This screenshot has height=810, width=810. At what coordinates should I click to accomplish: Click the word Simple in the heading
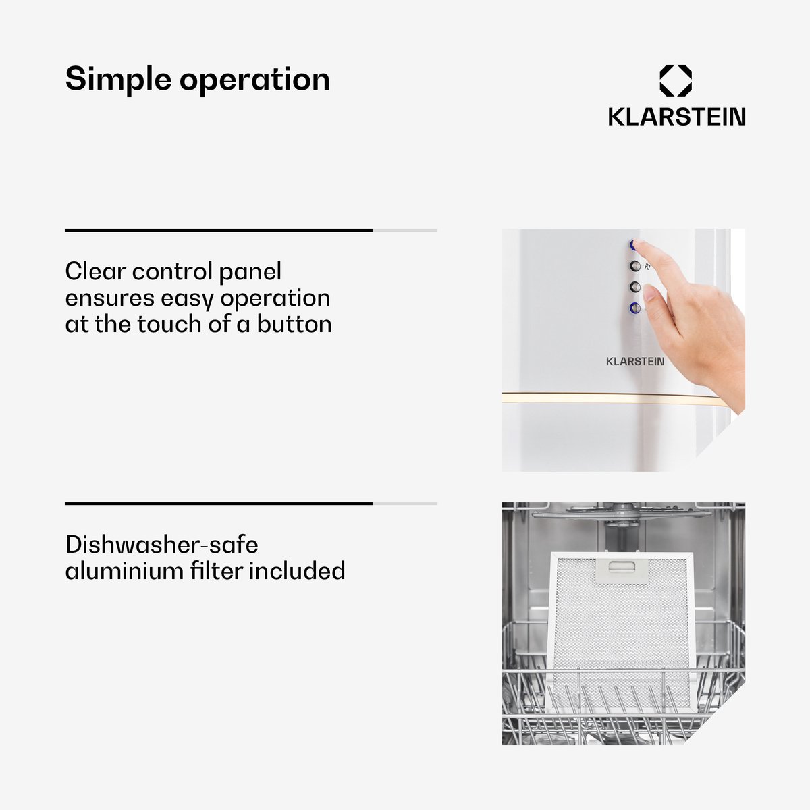[119, 80]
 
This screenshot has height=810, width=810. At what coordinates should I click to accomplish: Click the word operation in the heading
[254, 80]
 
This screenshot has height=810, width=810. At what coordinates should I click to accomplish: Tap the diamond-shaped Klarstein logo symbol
[676, 80]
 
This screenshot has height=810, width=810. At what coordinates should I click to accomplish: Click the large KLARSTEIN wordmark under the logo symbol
[676, 117]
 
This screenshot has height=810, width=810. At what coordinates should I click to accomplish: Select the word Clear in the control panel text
[95, 271]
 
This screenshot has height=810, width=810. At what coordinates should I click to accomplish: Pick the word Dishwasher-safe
[162, 544]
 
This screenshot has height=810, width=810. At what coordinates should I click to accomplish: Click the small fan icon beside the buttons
[648, 266]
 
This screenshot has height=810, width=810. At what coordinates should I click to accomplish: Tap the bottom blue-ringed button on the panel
[634, 308]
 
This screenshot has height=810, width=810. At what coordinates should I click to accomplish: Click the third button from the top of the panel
[634, 287]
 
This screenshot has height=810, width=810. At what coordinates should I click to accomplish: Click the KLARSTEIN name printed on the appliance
[635, 362]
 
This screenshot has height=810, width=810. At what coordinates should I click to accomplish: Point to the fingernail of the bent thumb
[649, 292]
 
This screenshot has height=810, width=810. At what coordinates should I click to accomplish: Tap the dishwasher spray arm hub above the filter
[618, 516]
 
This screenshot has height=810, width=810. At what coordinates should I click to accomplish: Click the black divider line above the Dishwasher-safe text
[219, 503]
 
